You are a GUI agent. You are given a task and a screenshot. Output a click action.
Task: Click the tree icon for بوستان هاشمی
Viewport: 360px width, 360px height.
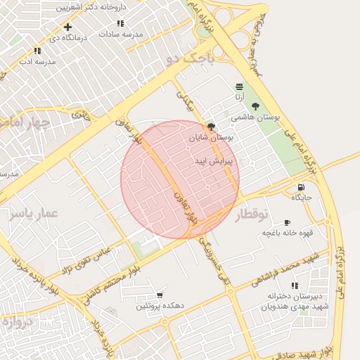click(255, 106)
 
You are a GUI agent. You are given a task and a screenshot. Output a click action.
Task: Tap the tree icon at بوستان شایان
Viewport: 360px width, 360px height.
click(212, 128)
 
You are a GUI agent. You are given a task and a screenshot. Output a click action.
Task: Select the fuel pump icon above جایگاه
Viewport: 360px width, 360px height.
click(301, 188)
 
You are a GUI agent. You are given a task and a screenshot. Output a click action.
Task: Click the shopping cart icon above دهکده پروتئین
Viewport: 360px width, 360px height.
click(161, 295)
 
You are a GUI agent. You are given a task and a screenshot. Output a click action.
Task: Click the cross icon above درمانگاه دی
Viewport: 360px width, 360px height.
click(67, 27)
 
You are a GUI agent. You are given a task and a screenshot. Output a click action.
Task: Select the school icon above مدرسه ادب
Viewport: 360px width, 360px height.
click(37, 51)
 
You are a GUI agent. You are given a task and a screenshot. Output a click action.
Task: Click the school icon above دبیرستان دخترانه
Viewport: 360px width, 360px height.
click(294, 285)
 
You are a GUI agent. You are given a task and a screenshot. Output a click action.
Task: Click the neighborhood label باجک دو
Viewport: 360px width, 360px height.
click(188, 61)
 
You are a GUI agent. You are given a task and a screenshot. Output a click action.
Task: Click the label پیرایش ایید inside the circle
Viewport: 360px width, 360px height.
click(214, 161)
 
